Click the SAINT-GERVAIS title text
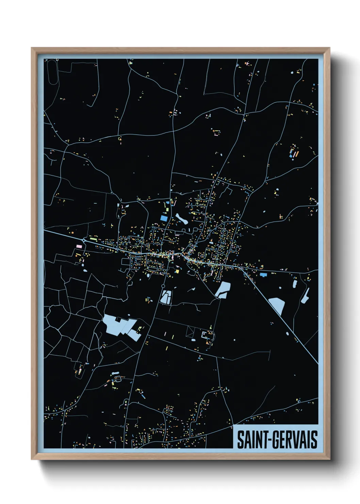click(x=277, y=440)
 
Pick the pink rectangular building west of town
click(x=79, y=246)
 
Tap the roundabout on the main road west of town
click(x=84, y=240)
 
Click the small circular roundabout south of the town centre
click(x=163, y=286)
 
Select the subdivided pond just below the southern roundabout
click(x=166, y=297)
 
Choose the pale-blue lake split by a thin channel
click(x=223, y=289)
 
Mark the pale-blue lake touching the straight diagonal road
click(x=277, y=305)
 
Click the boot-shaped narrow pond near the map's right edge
click(x=305, y=296)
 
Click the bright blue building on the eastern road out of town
click(x=263, y=274)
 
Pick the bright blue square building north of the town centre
click(x=164, y=218)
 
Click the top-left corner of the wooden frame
click(x=32, y=48)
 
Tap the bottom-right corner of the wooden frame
click(x=329, y=459)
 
